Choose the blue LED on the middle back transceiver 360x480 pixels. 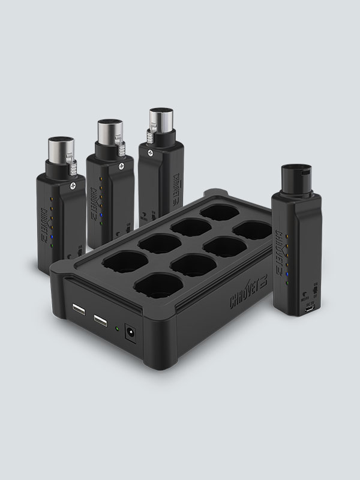tap(105, 215)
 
